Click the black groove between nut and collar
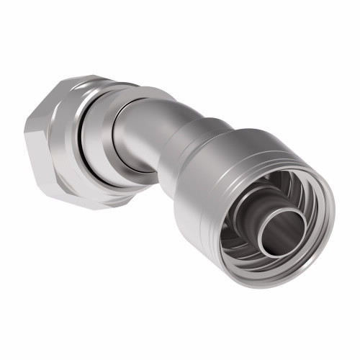(x=78, y=148)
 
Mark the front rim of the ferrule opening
(x=317, y=180)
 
